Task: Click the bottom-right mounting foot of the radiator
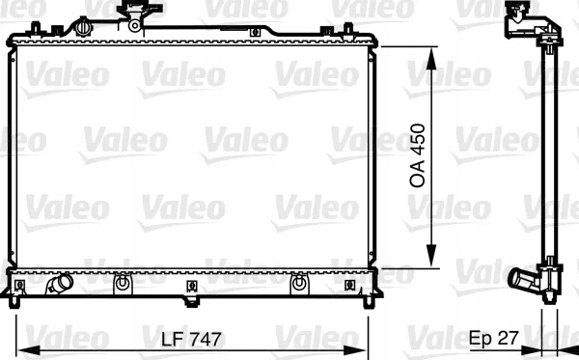tap(369, 301)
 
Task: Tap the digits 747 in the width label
tap(207, 340)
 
